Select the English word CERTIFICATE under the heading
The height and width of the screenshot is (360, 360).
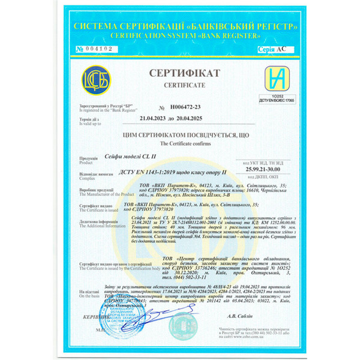179,86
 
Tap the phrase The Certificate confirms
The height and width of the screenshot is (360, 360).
179,145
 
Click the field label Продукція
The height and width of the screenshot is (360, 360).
88,158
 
